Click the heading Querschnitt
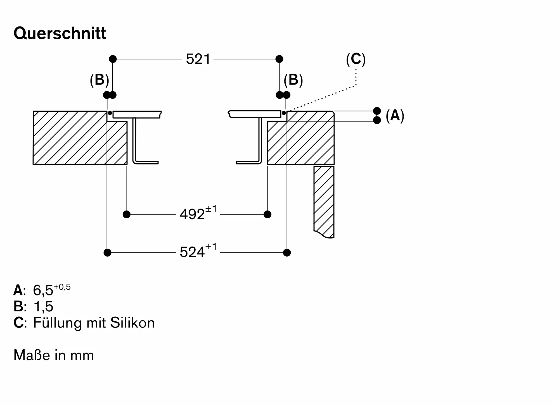click(x=60, y=34)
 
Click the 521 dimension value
click(x=198, y=59)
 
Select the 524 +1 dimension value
click(x=198, y=251)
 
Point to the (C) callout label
click(x=356, y=59)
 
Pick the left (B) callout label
click(x=99, y=80)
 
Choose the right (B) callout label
click(x=293, y=80)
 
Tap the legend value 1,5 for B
click(x=43, y=307)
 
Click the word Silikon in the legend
click(x=132, y=323)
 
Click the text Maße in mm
click(x=54, y=355)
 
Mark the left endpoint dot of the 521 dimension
click(x=113, y=59)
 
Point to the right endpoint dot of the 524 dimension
click(x=287, y=253)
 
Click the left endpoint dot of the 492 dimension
click(x=127, y=214)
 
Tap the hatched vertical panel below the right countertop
click(x=324, y=202)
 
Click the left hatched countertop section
click(x=80, y=138)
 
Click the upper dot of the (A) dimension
click(x=377, y=111)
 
